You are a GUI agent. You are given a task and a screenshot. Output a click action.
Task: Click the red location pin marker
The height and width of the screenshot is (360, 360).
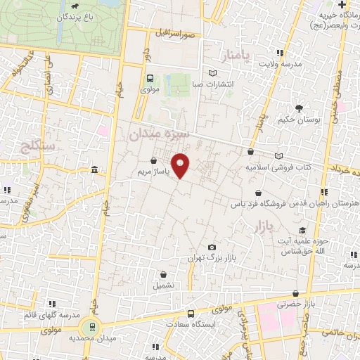[x=181, y=165]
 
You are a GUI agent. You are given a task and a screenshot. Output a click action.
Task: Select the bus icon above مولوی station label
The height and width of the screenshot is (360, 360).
[x=150, y=79]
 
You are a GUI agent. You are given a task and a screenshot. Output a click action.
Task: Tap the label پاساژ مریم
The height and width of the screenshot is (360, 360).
[x=153, y=171]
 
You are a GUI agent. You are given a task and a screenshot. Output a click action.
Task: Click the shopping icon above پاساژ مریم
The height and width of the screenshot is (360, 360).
[x=154, y=160]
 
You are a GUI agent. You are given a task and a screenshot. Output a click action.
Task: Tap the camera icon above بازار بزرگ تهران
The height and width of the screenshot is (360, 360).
[x=212, y=247]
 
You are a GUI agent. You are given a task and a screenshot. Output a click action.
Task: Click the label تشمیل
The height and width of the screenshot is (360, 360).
[x=163, y=286]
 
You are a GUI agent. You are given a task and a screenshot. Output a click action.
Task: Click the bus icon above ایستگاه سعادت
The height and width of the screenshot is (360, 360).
[x=191, y=314]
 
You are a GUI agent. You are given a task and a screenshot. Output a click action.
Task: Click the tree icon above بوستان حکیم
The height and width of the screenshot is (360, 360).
[x=300, y=108]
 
